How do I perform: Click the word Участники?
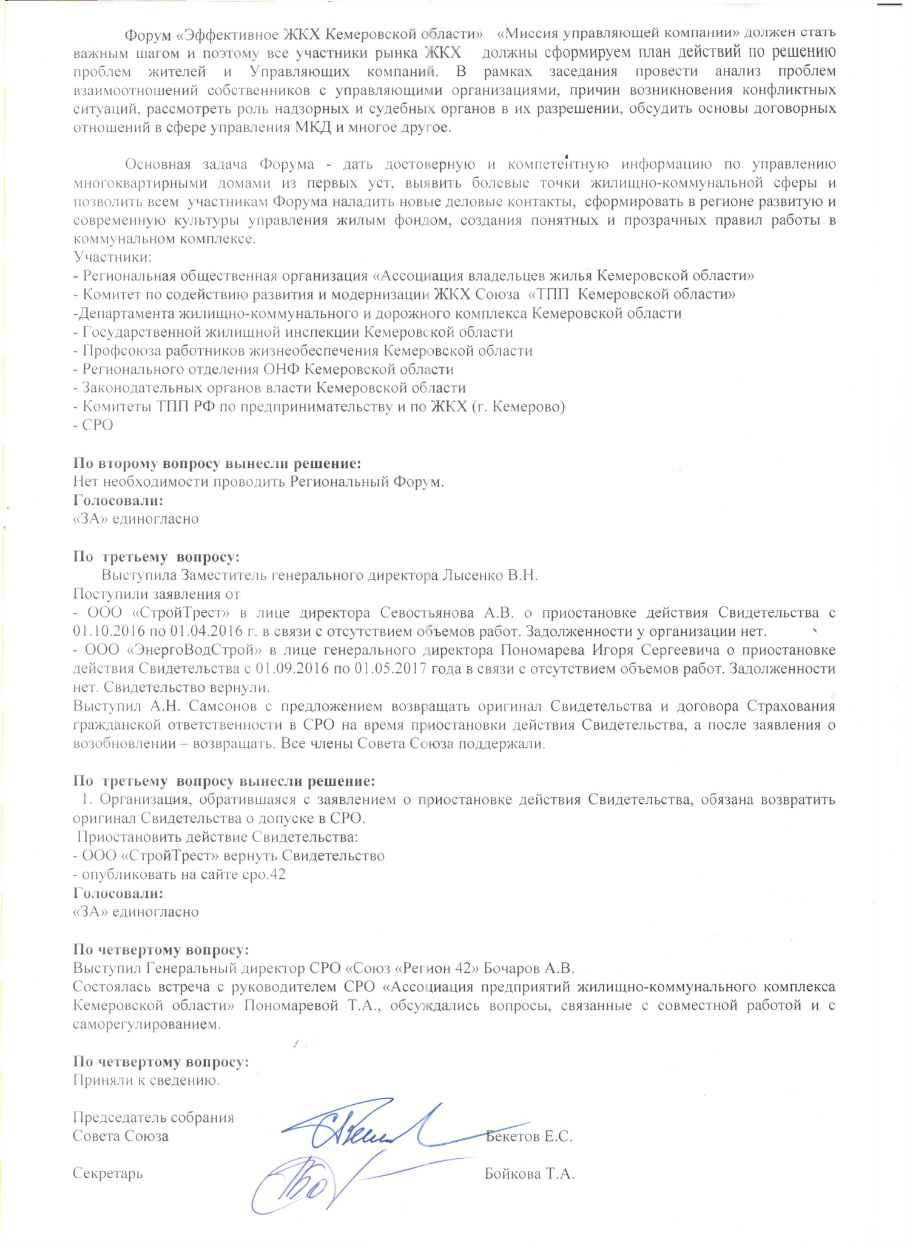pyautogui.click(x=112, y=257)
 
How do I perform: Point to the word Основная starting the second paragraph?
pyautogui.click(x=158, y=164)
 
